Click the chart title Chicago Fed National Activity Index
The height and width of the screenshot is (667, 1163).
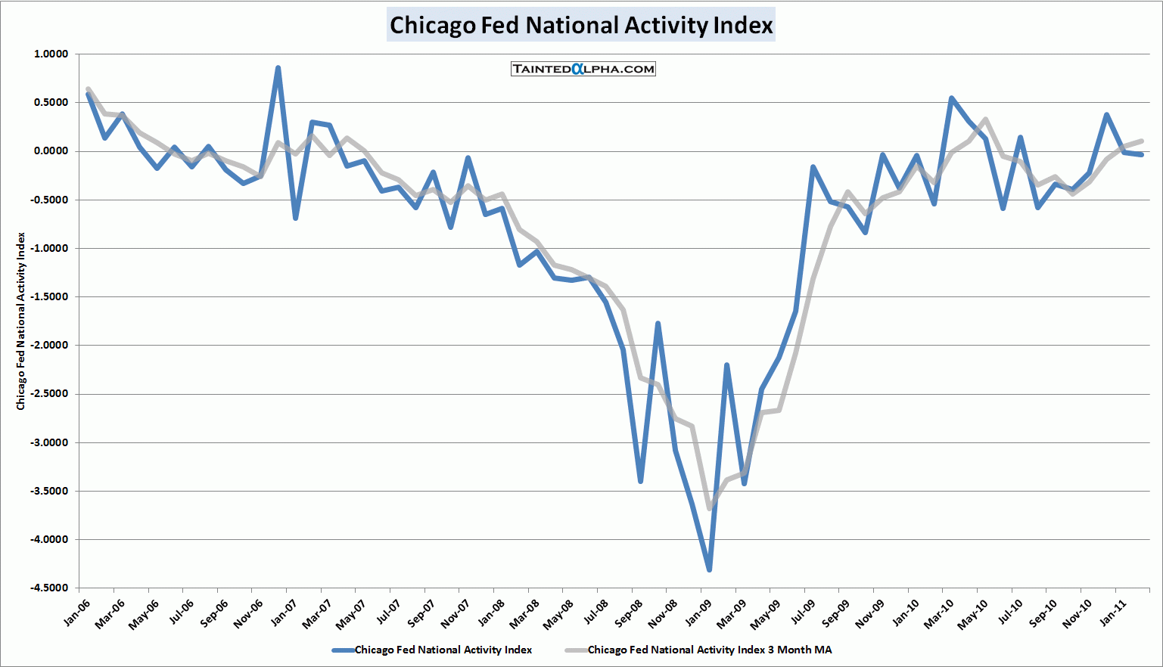pyautogui.click(x=581, y=25)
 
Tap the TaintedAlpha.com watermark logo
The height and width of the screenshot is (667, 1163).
pyautogui.click(x=583, y=69)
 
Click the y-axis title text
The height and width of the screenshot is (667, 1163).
pyautogui.click(x=21, y=321)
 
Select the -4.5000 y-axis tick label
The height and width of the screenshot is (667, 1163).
pyautogui.click(x=49, y=588)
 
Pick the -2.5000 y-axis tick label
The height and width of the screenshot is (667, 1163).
pyautogui.click(x=49, y=394)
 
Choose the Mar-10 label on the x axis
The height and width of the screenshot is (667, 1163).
pyautogui.click(x=939, y=614)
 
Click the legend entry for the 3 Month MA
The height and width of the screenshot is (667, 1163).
pyautogui.click(x=709, y=650)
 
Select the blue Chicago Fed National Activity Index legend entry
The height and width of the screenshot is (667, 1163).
pyautogui.click(x=443, y=650)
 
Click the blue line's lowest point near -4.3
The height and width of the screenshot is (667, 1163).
pyautogui.click(x=709, y=569)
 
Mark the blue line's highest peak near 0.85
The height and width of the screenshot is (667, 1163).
pyautogui.click(x=278, y=68)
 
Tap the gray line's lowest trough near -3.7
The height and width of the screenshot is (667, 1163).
pyautogui.click(x=709, y=509)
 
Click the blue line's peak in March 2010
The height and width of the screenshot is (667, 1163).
pyautogui.click(x=951, y=98)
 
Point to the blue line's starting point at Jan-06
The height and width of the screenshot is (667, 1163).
pyautogui.click(x=89, y=95)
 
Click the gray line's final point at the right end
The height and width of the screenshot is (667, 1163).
pyautogui.click(x=1141, y=141)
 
